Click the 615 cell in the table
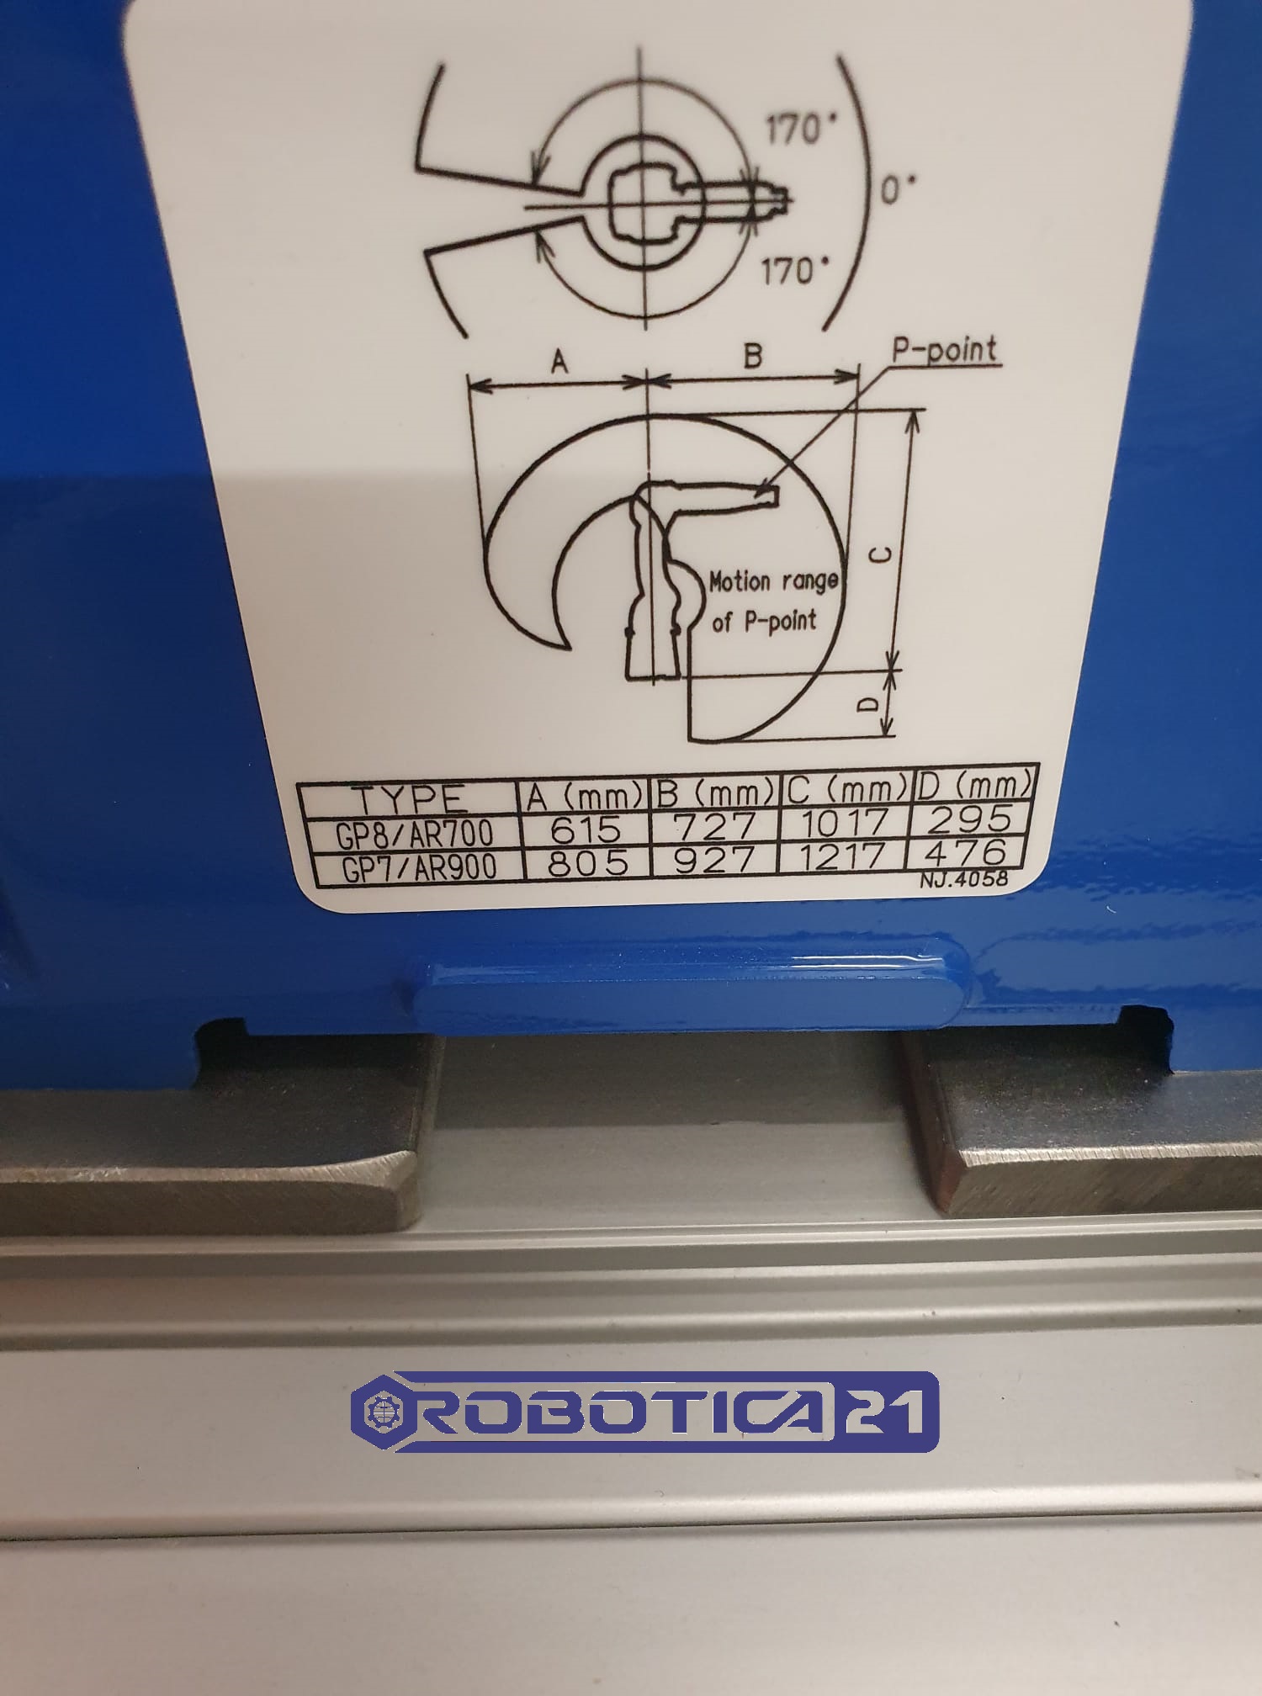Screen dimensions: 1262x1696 586,828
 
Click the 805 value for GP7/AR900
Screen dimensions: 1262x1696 587,863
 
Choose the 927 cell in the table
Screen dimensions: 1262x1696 716,860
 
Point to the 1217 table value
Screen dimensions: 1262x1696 842,856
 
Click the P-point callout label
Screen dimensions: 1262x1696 944,349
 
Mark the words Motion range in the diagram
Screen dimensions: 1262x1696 773,581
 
